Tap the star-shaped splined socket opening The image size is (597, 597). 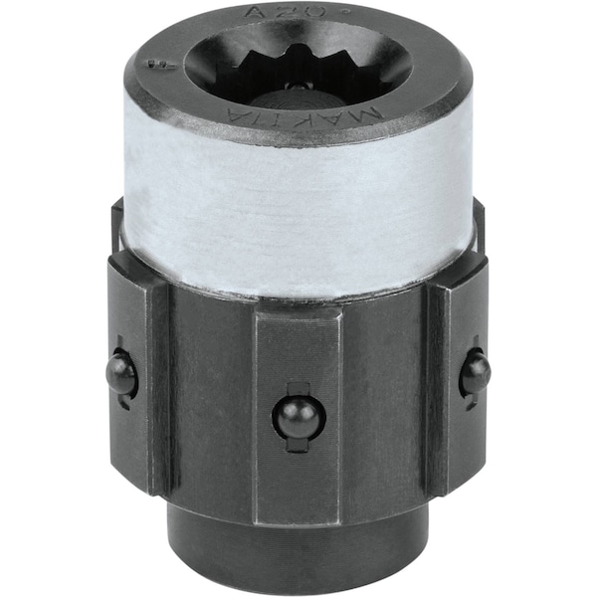294,65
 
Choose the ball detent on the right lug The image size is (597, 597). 475,374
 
